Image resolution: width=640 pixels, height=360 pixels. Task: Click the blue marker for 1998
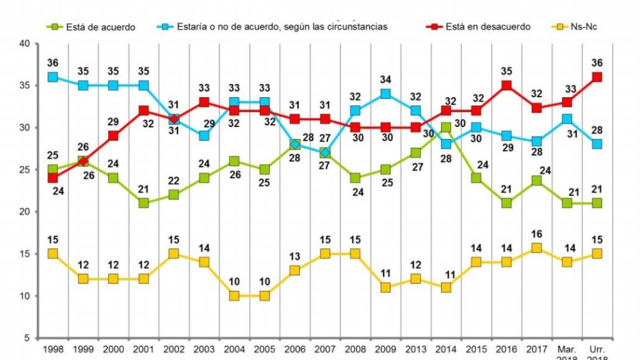click(x=53, y=77)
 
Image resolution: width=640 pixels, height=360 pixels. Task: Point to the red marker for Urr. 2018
click(x=596, y=77)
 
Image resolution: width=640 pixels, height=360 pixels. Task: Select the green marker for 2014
click(x=446, y=128)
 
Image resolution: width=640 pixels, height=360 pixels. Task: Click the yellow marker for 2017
click(x=536, y=249)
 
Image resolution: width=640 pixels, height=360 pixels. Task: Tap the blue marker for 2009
click(x=385, y=94)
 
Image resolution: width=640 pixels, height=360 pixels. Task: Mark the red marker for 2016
click(x=506, y=85)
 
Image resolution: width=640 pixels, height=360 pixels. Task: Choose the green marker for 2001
click(x=144, y=203)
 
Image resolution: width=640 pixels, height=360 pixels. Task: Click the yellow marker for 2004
click(x=234, y=296)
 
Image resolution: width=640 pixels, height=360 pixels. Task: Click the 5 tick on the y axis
click(x=28, y=338)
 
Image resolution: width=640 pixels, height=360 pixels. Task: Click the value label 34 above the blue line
click(x=385, y=79)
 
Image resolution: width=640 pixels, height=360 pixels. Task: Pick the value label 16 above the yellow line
click(x=536, y=234)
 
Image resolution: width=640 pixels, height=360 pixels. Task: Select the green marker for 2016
click(x=506, y=203)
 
